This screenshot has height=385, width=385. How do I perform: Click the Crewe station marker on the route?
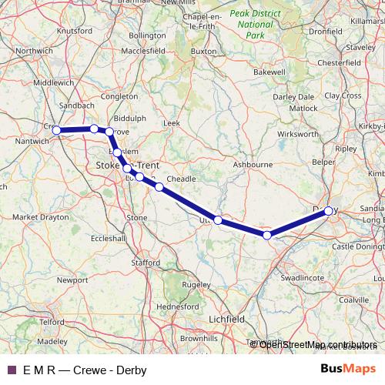pos(56,130)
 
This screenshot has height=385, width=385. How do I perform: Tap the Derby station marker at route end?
pos(329,210)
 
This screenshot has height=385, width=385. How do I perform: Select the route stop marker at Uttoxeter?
pos(218,220)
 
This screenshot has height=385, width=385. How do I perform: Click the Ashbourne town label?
pos(253,164)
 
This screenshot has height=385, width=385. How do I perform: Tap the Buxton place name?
pos(203,52)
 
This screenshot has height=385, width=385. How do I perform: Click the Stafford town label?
pos(145,262)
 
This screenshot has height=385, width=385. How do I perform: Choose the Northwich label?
pos(35,52)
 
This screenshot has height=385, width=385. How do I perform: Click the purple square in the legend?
pos(12,370)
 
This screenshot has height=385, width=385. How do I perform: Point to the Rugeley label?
pos(196,284)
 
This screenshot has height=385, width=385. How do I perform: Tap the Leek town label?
pos(171,122)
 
